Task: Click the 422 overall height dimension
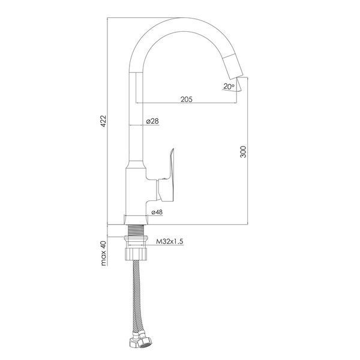tap(104, 121)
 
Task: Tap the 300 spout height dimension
tap(243, 152)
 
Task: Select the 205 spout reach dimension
tap(186, 100)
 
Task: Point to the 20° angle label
tap(229, 86)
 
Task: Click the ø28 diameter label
tap(152, 121)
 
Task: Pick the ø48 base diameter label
tap(157, 212)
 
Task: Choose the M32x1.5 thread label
tap(170, 241)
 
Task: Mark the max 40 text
tap(104, 253)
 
